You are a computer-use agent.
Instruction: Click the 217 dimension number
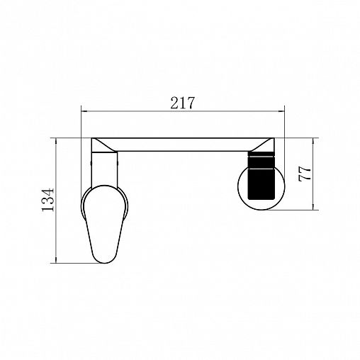click(x=182, y=103)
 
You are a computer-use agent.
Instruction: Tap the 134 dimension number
click(x=48, y=200)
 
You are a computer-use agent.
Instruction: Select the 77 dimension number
click(x=305, y=174)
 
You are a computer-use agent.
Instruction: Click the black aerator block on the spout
click(x=261, y=175)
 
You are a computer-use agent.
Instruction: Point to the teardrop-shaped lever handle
click(x=104, y=223)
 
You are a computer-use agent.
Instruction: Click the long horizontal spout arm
click(x=183, y=145)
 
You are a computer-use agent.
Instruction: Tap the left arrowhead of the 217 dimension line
click(x=84, y=111)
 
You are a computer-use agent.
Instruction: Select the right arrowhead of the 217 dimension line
click(x=282, y=111)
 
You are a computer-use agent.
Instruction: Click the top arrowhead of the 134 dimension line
click(x=56, y=141)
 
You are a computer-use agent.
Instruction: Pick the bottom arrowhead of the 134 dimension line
click(x=56, y=260)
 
